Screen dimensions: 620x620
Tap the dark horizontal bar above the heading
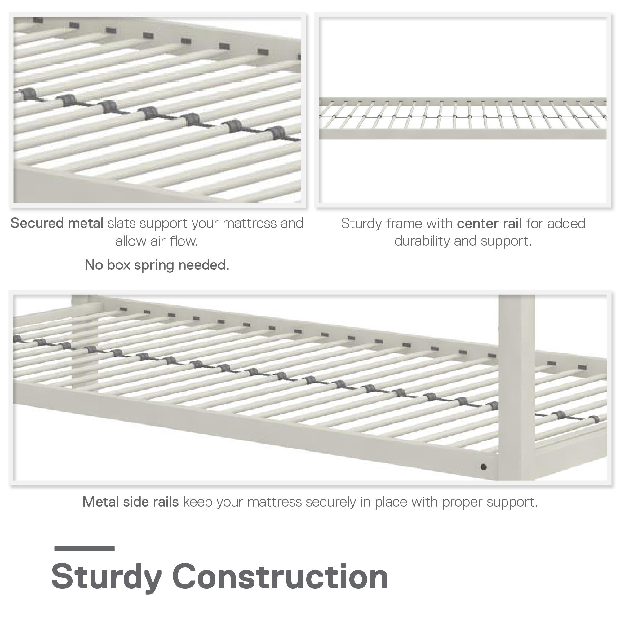[84, 548]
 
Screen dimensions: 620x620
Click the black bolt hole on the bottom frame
[483, 467]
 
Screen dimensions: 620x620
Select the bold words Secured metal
[57, 223]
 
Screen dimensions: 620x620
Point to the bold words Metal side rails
[131, 502]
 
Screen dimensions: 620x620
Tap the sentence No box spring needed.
[157, 265]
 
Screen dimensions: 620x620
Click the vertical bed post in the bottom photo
[517, 385]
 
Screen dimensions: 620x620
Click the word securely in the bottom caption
[330, 502]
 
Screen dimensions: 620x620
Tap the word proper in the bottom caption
[463, 502]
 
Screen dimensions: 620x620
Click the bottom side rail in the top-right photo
[462, 134]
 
